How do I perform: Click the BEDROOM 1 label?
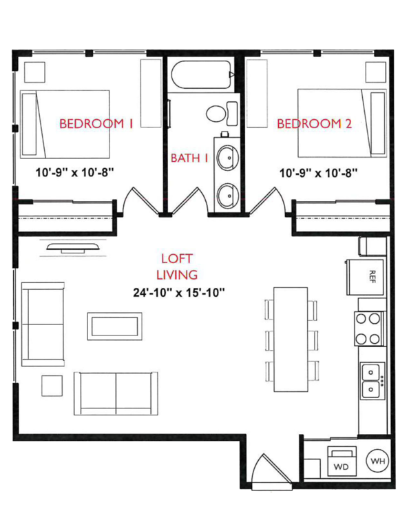[x=96, y=124]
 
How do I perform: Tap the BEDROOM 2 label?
[x=314, y=124]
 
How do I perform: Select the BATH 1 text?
[x=189, y=158]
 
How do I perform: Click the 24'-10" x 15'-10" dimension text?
[x=180, y=292]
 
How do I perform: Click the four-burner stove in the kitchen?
[x=368, y=328]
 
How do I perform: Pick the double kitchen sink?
[x=373, y=382]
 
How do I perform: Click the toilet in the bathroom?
[x=220, y=112]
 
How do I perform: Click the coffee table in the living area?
[x=114, y=326]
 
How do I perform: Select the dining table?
[x=291, y=339]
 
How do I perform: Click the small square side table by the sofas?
[x=52, y=385]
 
